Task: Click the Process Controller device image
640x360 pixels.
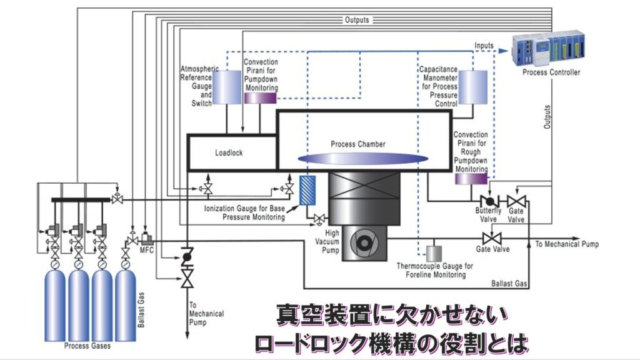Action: (551, 49)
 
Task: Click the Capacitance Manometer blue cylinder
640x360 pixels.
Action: (472, 87)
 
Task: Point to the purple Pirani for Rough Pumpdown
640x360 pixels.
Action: (471, 179)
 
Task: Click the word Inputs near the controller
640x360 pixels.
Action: (484, 46)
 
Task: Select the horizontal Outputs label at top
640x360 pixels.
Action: (357, 20)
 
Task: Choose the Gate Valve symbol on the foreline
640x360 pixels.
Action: (492, 238)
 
